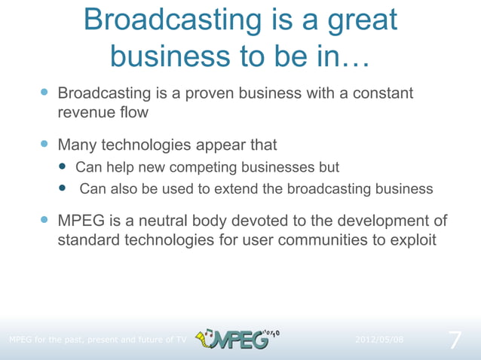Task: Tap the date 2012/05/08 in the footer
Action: (x=378, y=340)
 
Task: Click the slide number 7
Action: (x=455, y=340)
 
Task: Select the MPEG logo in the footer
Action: (x=237, y=339)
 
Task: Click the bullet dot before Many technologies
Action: (x=44, y=143)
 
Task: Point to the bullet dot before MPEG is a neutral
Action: (x=44, y=221)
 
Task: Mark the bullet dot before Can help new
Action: (x=63, y=166)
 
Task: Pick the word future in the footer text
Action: (x=149, y=340)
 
